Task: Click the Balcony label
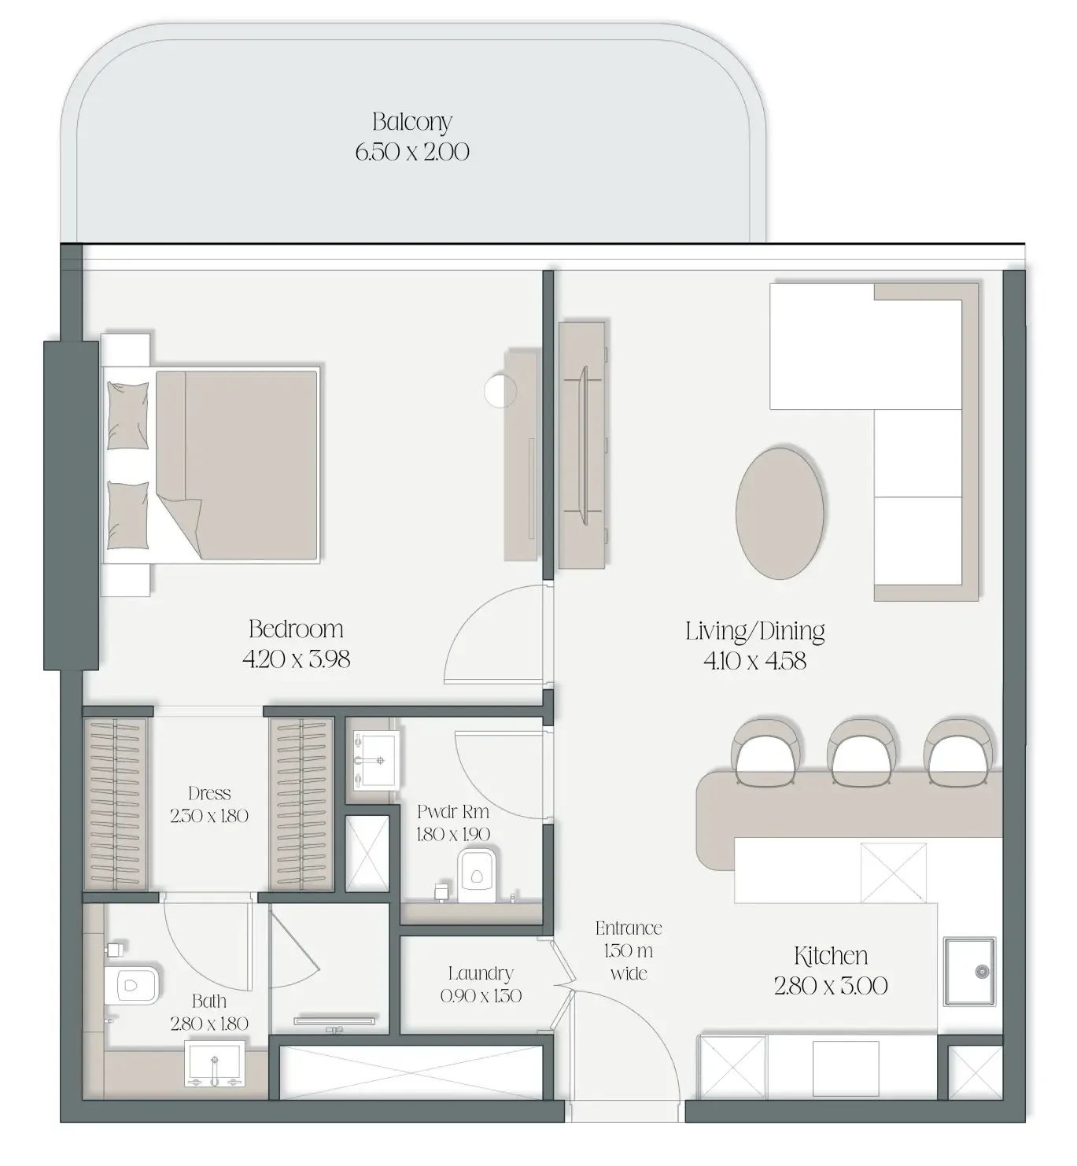[411, 121]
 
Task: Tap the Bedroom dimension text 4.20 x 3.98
[296, 659]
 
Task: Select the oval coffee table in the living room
[780, 514]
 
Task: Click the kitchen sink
[969, 972]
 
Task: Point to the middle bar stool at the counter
[861, 752]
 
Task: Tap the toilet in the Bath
[132, 985]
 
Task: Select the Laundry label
[481, 973]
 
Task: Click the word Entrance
[629, 928]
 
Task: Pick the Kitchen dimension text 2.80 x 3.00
[830, 986]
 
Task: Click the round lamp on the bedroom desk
[500, 391]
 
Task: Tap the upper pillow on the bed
[127, 415]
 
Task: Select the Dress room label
[209, 794]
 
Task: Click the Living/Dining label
[754, 632]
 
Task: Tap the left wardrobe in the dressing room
[115, 803]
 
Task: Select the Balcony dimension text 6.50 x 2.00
[411, 152]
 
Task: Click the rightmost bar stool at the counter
[958, 752]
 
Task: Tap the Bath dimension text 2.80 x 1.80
[209, 1024]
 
